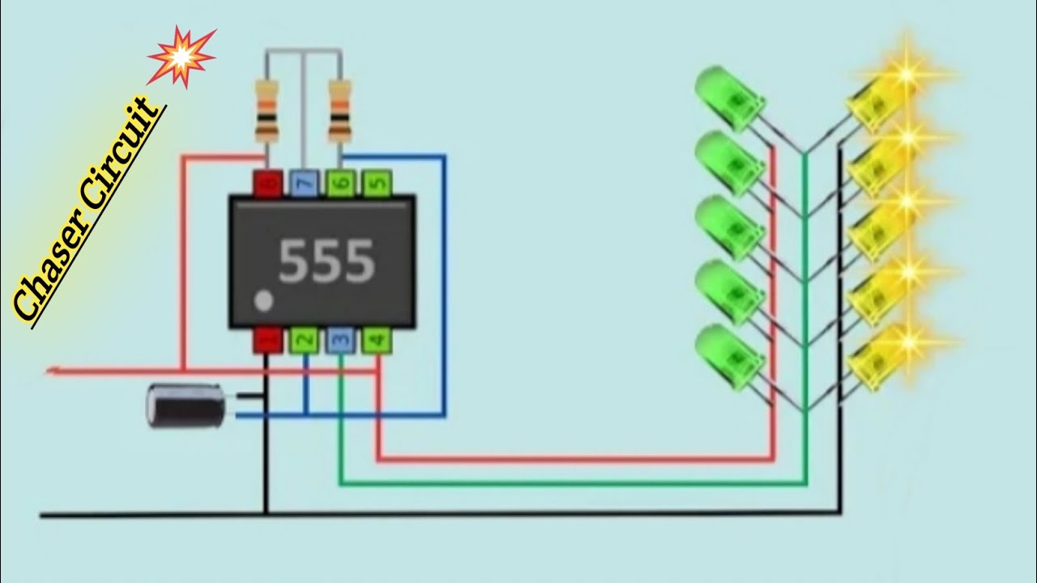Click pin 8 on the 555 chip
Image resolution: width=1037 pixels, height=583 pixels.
pyautogui.click(x=267, y=183)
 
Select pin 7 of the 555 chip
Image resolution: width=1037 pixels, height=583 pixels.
pyautogui.click(x=304, y=183)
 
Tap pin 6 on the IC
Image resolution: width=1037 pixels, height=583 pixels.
pyautogui.click(x=340, y=183)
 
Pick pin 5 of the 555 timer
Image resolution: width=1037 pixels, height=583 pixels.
pyautogui.click(x=377, y=183)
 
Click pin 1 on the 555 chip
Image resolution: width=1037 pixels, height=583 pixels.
pyautogui.click(x=267, y=341)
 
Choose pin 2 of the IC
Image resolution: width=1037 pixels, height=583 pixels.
pyautogui.click(x=304, y=341)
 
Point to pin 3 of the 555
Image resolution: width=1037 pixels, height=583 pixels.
pyautogui.click(x=340, y=341)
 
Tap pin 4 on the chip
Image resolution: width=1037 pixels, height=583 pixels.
pyautogui.click(x=377, y=341)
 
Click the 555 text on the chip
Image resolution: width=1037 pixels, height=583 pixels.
pyautogui.click(x=326, y=261)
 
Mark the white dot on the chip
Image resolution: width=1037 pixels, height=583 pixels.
pyautogui.click(x=263, y=302)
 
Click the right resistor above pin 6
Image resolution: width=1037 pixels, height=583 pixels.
pyautogui.click(x=340, y=109)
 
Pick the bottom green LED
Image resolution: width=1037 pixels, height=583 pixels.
pyautogui.click(x=729, y=354)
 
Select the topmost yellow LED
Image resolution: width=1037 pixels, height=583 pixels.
pyautogui.click(x=879, y=101)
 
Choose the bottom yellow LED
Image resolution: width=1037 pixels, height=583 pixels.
pyautogui.click(x=879, y=356)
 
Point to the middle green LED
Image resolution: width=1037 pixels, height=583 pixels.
pyautogui.click(x=729, y=226)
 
